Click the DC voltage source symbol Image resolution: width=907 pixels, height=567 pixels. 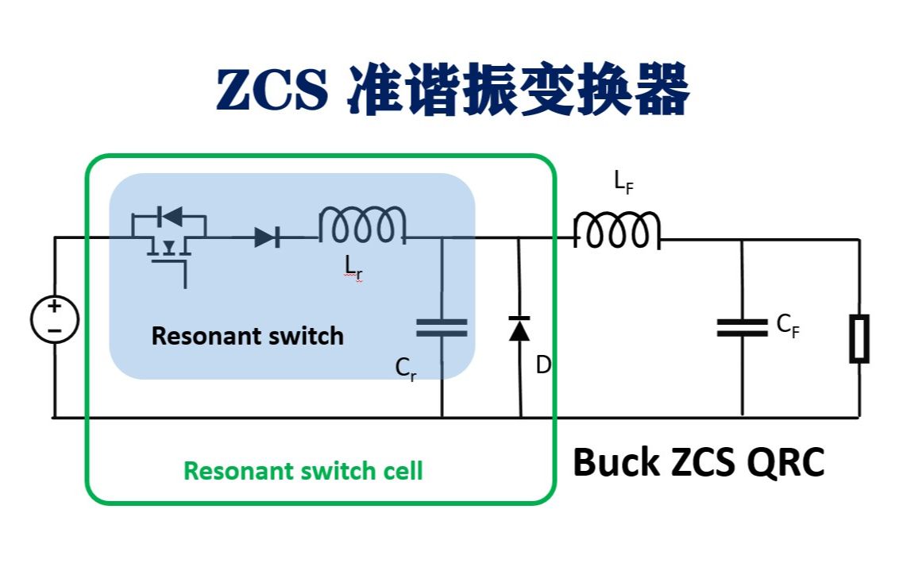pyautogui.click(x=54, y=319)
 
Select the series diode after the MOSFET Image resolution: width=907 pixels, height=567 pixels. pyautogui.click(x=267, y=237)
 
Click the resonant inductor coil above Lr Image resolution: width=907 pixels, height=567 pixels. pyautogui.click(x=362, y=226)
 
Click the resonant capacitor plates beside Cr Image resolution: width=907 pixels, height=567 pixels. pyautogui.click(x=442, y=327)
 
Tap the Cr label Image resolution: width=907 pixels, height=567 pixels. pyautogui.click(x=405, y=368)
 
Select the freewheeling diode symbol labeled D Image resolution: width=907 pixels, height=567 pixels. pyautogui.click(x=519, y=328)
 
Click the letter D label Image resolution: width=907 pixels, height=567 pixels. pyautogui.click(x=544, y=366)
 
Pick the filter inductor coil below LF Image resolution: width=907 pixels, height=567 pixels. pyautogui.click(x=616, y=230)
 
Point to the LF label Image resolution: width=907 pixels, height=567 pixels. pyautogui.click(x=624, y=183)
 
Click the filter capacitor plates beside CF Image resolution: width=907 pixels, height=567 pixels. pyautogui.click(x=742, y=327)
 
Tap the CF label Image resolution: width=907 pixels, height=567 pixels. pyautogui.click(x=787, y=325)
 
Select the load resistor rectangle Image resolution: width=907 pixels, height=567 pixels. pyautogui.click(x=859, y=338)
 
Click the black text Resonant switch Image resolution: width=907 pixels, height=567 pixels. pyautogui.click(x=247, y=336)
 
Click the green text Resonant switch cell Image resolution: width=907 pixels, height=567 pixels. pyautogui.click(x=303, y=471)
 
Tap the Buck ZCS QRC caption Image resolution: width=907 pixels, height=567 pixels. pyautogui.click(x=698, y=462)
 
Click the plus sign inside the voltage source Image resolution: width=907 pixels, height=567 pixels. pyautogui.click(x=54, y=307)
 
